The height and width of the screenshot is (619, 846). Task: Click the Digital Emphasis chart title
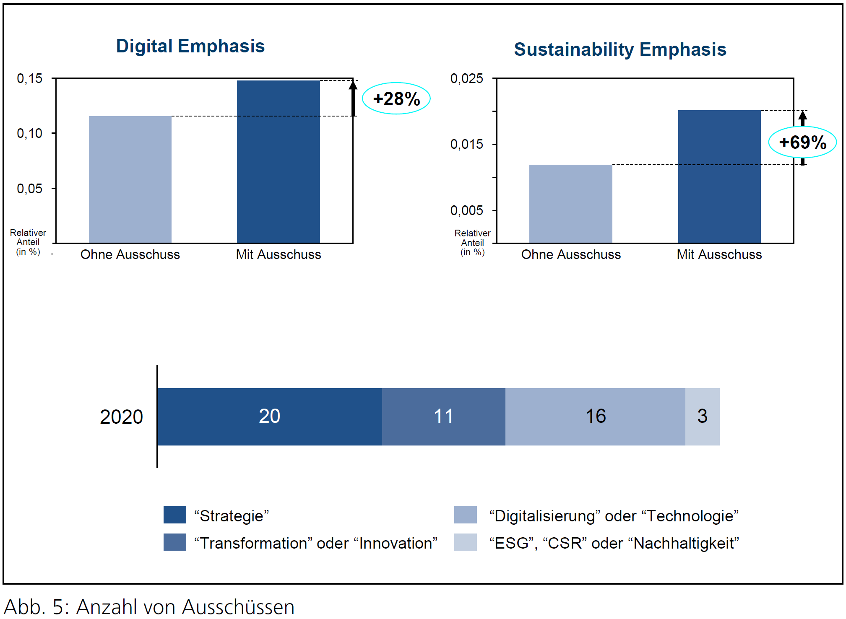click(190, 46)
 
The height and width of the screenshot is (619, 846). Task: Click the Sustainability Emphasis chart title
click(620, 49)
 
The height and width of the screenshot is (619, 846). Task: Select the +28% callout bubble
click(396, 99)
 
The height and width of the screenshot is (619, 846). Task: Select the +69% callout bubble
click(802, 142)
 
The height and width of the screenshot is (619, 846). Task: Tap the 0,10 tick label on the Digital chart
click(29, 134)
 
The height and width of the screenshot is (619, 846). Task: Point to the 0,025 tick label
click(466, 78)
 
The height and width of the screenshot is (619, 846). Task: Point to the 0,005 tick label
click(466, 210)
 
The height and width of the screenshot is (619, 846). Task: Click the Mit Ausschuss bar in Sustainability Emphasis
click(719, 176)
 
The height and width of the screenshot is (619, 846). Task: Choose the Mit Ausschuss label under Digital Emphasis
click(278, 254)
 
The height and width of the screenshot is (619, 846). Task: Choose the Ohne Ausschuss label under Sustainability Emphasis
click(570, 254)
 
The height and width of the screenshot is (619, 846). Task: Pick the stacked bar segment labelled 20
click(269, 417)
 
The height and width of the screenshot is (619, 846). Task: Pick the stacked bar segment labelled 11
click(443, 417)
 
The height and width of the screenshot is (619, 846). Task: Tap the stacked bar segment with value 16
click(595, 417)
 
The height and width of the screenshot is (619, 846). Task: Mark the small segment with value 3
click(702, 417)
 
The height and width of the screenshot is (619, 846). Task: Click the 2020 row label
click(121, 417)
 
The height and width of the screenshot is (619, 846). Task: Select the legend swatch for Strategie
click(174, 515)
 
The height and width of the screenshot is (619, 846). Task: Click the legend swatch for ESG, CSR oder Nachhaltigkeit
click(465, 542)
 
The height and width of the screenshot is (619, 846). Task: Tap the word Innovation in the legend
click(396, 543)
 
